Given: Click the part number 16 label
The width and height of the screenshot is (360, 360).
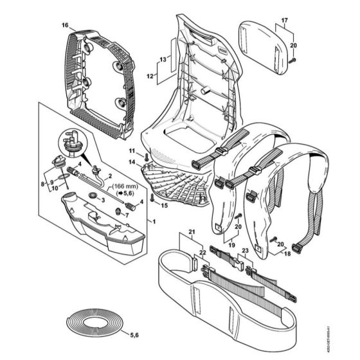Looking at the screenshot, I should (64, 25).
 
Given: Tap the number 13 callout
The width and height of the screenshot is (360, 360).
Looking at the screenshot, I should (163, 59).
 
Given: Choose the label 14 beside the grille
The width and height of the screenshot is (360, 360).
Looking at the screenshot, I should (132, 163).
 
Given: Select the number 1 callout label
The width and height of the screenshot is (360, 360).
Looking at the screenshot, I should (152, 221).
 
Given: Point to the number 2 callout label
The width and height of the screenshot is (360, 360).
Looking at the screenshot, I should (109, 175).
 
